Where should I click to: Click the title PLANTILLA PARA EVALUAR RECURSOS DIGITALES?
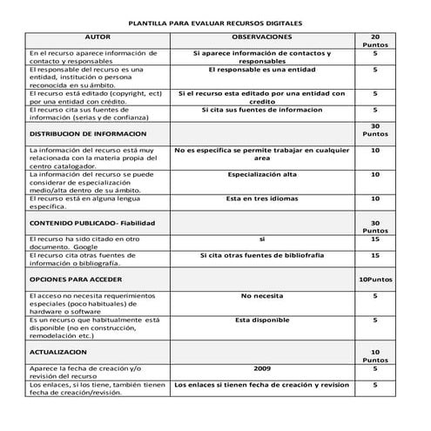click(x=215, y=26)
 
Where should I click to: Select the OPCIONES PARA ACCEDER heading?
click(x=76, y=280)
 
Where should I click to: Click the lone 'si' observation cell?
click(x=262, y=238)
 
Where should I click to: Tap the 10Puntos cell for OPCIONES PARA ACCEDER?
click(x=374, y=280)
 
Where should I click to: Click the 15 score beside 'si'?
click(x=374, y=238)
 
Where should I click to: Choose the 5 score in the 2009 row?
click(x=374, y=368)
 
